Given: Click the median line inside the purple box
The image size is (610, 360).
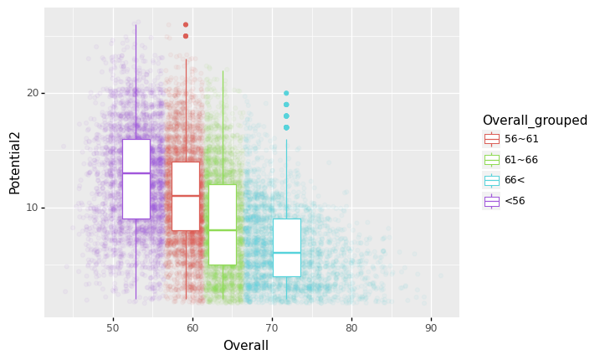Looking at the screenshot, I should (136, 173).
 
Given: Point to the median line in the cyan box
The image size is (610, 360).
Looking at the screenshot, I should (286, 253).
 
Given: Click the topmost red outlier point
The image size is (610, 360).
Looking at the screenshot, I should (186, 24).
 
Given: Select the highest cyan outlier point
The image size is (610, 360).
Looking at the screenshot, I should (286, 93).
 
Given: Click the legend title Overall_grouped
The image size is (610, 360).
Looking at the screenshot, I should (535, 121).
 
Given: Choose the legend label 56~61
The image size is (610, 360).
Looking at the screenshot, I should (521, 139).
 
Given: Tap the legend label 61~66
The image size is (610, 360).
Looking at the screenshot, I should (521, 160).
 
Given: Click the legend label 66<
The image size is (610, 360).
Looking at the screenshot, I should (515, 180).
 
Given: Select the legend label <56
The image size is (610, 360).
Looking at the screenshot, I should (515, 201).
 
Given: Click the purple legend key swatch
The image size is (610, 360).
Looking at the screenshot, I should (491, 201).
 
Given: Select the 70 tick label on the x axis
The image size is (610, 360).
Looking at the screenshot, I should (272, 327).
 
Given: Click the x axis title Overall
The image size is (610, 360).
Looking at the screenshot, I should (246, 346).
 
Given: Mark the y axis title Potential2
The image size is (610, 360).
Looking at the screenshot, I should (15, 162).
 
